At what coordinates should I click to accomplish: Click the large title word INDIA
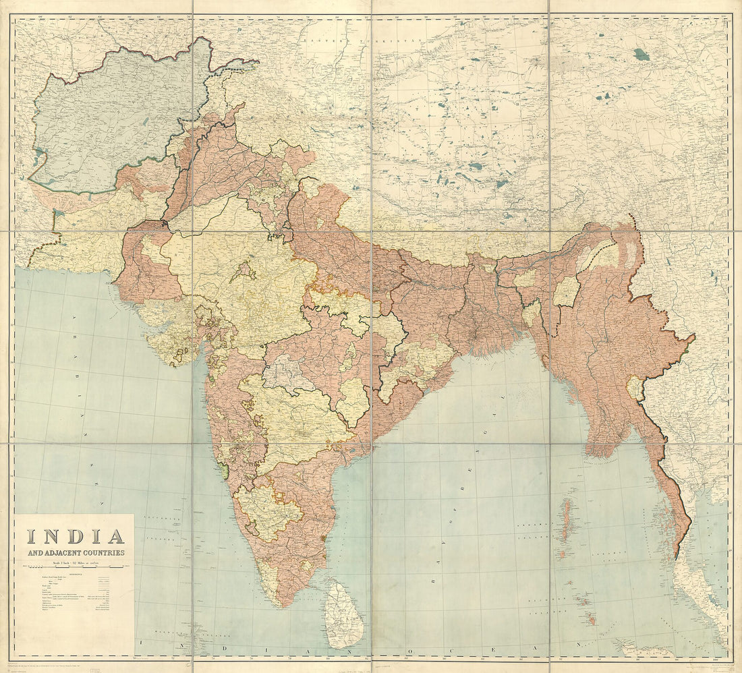[76, 537]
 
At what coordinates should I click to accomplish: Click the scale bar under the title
[74, 570]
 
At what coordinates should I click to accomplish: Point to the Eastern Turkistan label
[362, 40]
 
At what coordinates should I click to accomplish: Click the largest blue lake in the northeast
[641, 54]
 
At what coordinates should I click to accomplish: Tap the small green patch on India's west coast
[223, 470]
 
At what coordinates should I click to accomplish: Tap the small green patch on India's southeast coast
[326, 537]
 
